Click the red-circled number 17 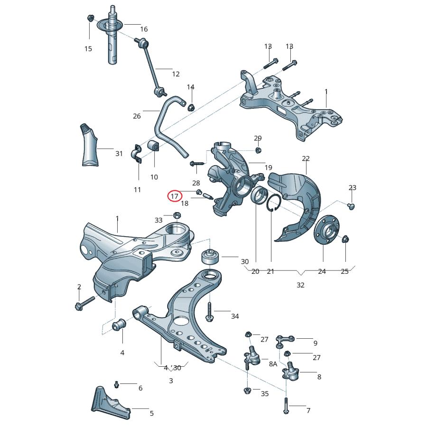coord(174,195)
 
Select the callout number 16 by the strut coord(144,29)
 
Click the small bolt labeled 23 coord(351,205)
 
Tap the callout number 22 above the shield coord(306,158)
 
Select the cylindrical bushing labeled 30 coord(209,257)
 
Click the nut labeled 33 coord(176,216)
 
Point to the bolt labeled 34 coord(209,312)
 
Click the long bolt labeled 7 coord(286,405)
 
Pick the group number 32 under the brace coord(300,285)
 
